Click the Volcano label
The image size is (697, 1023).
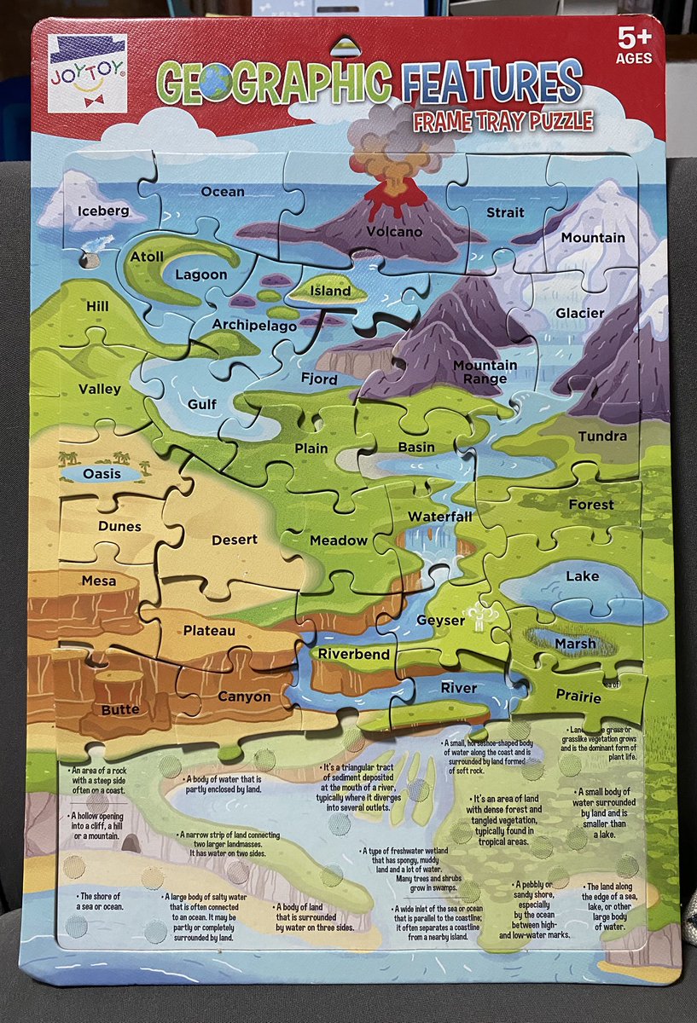pos(394,231)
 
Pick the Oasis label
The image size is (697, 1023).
pos(102,474)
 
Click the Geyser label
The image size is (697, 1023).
pos(440,621)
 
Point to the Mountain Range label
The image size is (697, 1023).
pos(485,372)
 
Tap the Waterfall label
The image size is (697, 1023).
pos(439,517)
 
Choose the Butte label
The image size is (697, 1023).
pos(120,709)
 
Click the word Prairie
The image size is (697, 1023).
pos(578,697)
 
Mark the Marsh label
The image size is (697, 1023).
pos(575,644)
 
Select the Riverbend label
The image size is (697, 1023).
pos(354,655)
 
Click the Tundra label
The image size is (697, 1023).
pos(602,436)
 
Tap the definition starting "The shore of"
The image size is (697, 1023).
pos(101,901)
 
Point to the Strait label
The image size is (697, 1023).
pos(504,211)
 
